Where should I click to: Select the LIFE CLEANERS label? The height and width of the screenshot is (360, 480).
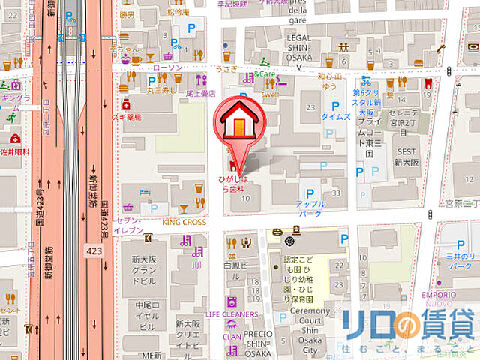pyautogui.click(x=232, y=314)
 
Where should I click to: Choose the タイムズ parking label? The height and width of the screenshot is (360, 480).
pyautogui.click(x=335, y=117)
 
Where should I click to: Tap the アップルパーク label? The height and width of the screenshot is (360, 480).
pyautogui.click(x=309, y=208)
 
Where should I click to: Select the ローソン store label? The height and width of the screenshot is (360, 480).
pyautogui.click(x=166, y=67)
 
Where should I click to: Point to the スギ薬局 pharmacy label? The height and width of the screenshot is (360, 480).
pyautogui.click(x=128, y=117)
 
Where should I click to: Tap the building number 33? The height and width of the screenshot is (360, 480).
pyautogui.click(x=336, y=193)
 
